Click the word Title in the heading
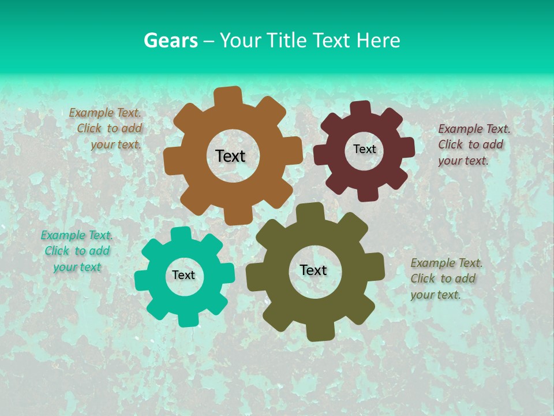(287, 40)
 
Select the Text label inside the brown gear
(230, 156)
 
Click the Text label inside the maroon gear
(364, 149)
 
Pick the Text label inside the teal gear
(184, 275)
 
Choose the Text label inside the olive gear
(313, 270)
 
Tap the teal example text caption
(77, 251)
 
